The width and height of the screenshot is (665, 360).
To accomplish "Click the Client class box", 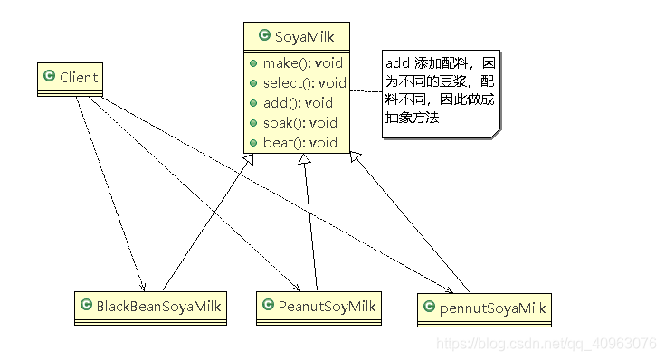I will [x=70, y=80].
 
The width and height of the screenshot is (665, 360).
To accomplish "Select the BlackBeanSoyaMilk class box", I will [x=149, y=308].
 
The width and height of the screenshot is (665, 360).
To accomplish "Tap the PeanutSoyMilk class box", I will [x=316, y=308].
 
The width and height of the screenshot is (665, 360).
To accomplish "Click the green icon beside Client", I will [x=50, y=77].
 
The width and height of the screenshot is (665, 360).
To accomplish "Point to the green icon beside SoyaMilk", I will [x=264, y=36].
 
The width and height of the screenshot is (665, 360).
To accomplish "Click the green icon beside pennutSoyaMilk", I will [x=429, y=309].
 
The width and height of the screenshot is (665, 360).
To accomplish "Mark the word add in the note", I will [x=397, y=63].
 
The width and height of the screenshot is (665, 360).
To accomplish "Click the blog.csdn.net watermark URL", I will [x=546, y=344].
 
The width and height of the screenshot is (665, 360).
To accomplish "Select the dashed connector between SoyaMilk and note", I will [x=366, y=92].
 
